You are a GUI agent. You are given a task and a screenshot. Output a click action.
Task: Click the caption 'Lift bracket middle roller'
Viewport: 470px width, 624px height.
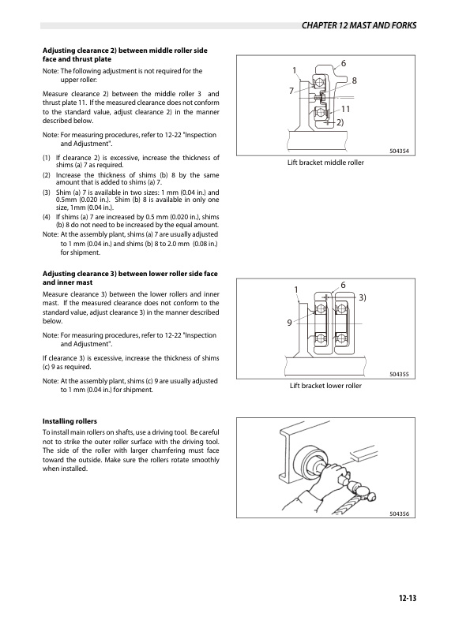(x=325, y=162)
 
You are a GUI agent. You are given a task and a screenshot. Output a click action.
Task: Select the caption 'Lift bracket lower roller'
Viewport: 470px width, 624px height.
(x=325, y=386)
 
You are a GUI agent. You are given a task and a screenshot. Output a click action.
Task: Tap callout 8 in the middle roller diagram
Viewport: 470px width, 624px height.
(x=355, y=80)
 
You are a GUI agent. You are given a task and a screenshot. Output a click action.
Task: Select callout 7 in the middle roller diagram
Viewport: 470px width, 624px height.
(x=291, y=92)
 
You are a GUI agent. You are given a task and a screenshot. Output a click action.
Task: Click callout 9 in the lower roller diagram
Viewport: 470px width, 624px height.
(x=290, y=322)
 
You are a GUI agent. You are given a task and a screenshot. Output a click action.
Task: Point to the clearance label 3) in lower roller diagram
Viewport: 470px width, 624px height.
(x=363, y=297)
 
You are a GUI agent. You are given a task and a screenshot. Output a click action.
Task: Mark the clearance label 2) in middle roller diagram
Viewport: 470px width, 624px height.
(x=339, y=124)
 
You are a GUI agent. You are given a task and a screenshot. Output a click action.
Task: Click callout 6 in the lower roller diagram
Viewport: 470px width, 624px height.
(x=343, y=284)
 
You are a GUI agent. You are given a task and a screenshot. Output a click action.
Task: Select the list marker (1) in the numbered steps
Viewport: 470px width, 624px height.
(x=47, y=157)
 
